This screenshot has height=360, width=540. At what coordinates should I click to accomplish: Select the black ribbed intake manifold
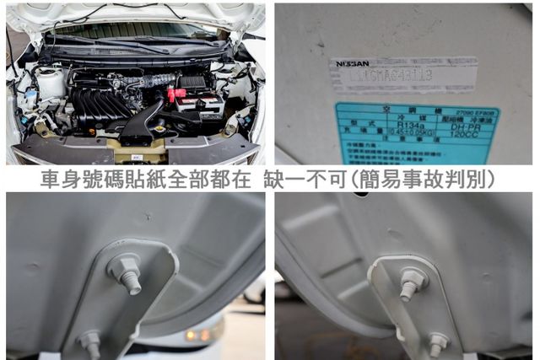coord(98,105)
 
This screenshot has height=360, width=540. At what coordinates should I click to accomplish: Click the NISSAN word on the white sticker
coord(352,63)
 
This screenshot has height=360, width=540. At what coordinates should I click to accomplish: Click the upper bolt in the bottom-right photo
coord(413,281)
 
